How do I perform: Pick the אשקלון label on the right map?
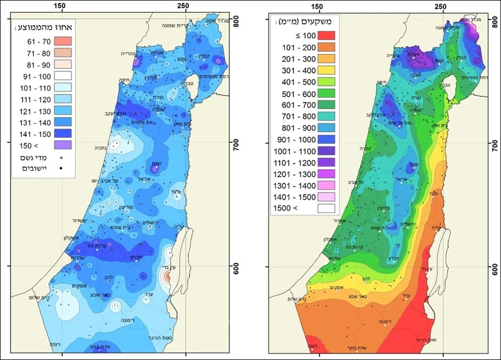[x=334, y=238]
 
